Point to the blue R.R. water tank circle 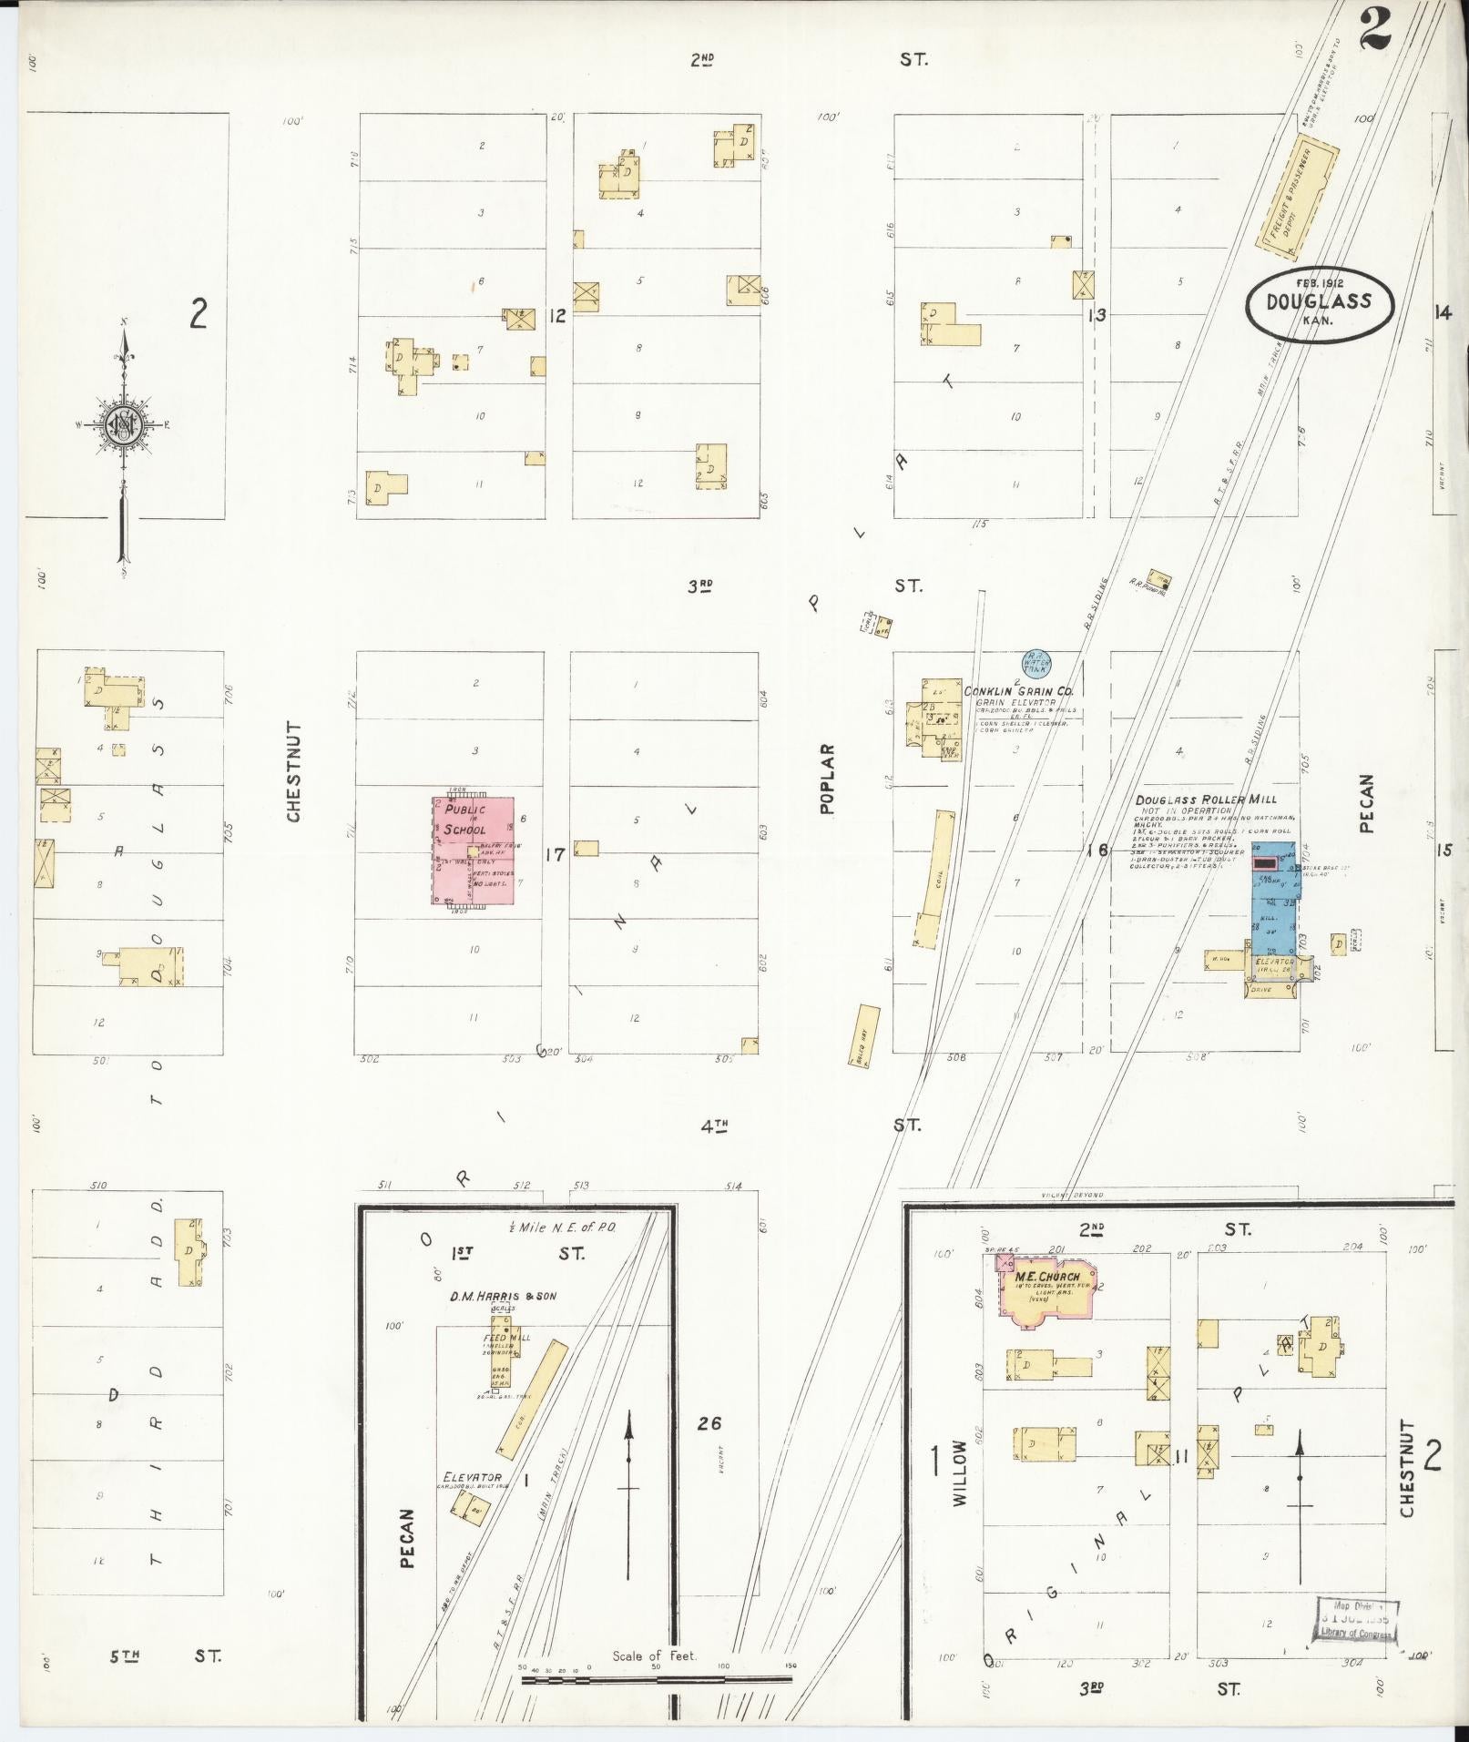[1035, 660]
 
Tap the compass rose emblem [123, 426]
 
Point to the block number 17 [554, 855]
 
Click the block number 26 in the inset [709, 1423]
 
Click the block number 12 [557, 316]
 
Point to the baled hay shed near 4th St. [868, 1036]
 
